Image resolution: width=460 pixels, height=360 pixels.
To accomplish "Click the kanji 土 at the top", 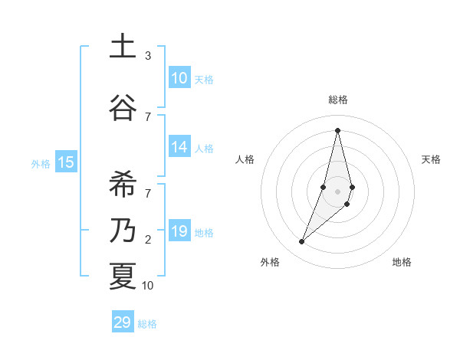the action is pos(122,47).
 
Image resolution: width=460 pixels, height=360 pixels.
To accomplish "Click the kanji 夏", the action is pos(122,275).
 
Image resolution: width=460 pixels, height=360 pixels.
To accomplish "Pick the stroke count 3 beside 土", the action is pos(148,56).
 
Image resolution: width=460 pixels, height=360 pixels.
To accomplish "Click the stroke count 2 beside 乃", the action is pos(148,240).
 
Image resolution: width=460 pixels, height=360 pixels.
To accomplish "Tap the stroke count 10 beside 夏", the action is pos(148,286).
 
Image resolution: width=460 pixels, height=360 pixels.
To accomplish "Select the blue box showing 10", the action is pos(179,78).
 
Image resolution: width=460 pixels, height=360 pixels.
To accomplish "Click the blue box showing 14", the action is pos(179,147).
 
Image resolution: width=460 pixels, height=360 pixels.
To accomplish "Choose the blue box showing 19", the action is pos(179,231).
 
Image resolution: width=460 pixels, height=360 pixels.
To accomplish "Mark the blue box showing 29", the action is pos(123,322).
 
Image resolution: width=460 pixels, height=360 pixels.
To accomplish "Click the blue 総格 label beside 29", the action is pos(148,324).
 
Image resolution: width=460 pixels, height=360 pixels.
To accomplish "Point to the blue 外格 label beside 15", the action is pos(41,163).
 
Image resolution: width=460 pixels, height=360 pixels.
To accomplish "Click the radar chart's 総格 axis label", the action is pos(337,100).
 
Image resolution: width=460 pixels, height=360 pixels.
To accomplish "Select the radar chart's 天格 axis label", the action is pos(432,159).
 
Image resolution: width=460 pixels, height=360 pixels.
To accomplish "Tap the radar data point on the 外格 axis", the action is pos(302,242).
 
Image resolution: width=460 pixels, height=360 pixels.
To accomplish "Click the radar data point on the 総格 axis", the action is pos(337,130).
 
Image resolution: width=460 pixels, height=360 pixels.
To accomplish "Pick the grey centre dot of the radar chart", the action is pos(337,191).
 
